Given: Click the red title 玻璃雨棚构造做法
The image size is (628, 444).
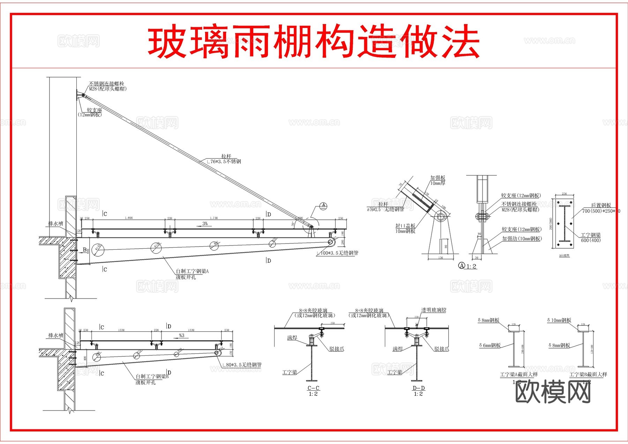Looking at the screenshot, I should click(x=313, y=42).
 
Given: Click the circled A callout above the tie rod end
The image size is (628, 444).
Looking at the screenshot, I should click(x=323, y=205).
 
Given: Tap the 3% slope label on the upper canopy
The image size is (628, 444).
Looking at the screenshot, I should click(x=205, y=224).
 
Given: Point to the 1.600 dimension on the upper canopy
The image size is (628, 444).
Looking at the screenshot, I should click(x=128, y=218).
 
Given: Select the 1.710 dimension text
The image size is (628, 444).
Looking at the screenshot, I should click(x=214, y=218).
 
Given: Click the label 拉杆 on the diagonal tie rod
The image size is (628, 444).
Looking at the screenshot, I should click(x=226, y=156).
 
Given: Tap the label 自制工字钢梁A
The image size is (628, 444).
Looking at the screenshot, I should click(x=192, y=271).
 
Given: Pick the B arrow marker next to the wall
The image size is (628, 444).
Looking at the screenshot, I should click(x=84, y=250).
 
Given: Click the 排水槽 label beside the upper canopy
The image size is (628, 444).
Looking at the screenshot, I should click(x=56, y=223).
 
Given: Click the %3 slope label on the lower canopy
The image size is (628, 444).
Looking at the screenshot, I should click(x=181, y=336).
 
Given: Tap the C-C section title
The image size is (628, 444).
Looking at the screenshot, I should click(x=313, y=388).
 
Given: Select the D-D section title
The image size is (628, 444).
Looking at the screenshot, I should click(x=418, y=388).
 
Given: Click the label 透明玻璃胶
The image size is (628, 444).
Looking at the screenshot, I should click(x=434, y=310).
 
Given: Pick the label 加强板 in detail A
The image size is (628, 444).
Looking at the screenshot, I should click(x=438, y=178).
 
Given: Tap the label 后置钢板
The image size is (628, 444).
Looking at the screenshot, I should click(x=601, y=205).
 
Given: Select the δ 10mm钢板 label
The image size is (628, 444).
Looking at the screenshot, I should click(x=559, y=320).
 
